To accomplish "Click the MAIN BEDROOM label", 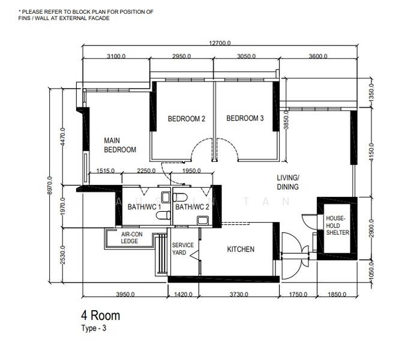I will (120, 145).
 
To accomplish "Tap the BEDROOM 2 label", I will (186, 119).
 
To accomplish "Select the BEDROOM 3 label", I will (245, 119).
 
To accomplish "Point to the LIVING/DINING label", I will (287, 182).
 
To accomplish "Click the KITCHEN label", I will (241, 250).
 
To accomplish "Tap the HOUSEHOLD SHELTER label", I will (337, 225).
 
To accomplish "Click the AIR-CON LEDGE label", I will (130, 238).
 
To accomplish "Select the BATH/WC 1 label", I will (144, 207).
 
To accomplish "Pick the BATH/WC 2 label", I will (192, 207).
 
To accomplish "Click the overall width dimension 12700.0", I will (220, 43).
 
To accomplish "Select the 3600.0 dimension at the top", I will (317, 56).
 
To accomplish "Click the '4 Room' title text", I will (101, 316).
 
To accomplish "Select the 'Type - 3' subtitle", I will (95, 328).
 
